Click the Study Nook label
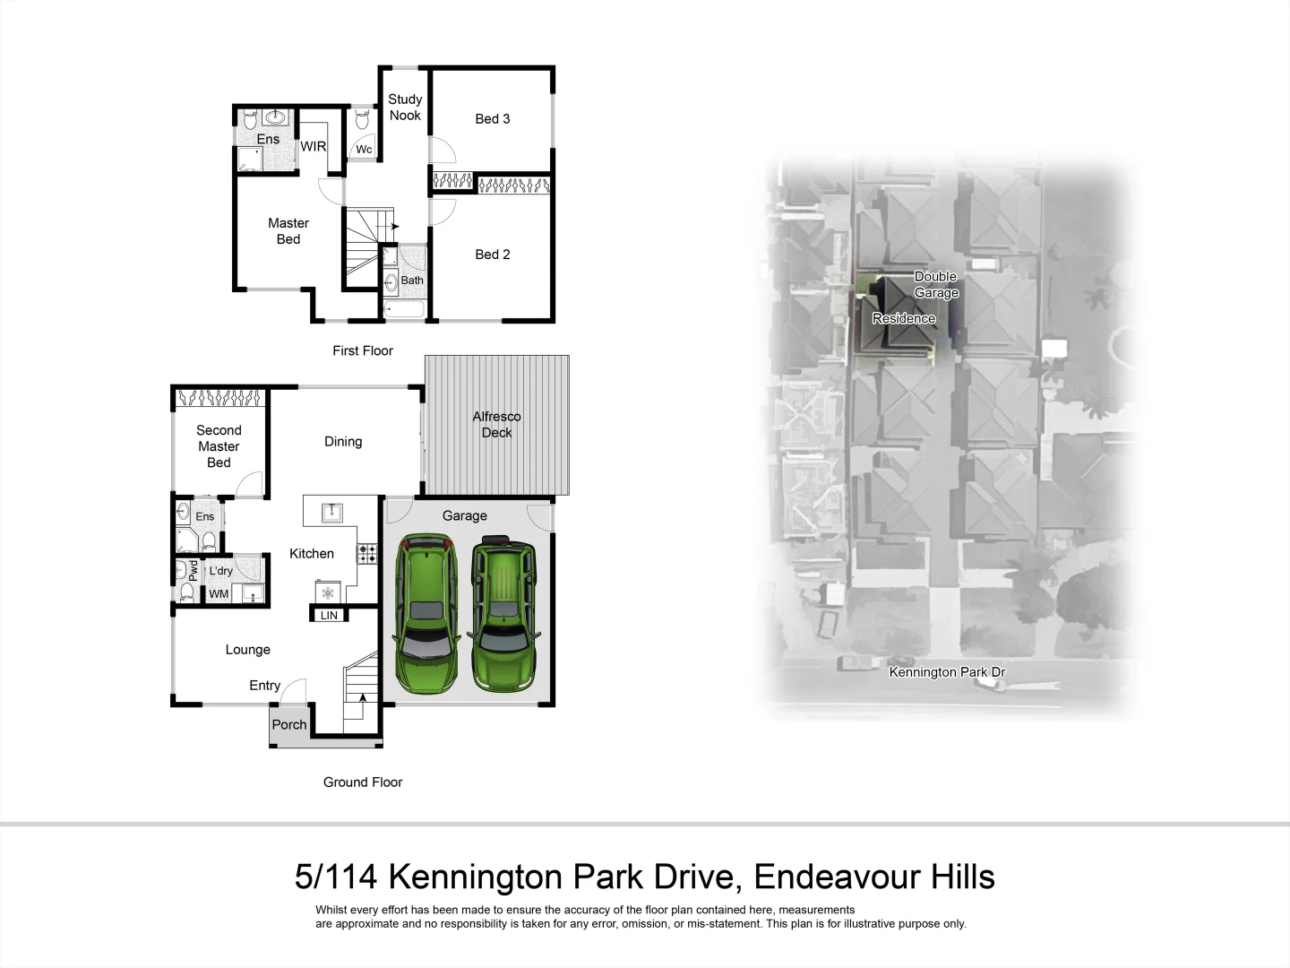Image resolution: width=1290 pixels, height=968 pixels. (x=405, y=108)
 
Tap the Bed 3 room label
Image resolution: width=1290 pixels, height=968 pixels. (x=492, y=119)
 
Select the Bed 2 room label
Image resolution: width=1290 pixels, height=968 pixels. (x=492, y=255)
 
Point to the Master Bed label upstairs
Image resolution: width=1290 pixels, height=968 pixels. (x=288, y=231)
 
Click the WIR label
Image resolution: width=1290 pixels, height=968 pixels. (x=313, y=147)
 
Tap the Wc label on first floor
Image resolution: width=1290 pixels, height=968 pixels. (x=364, y=150)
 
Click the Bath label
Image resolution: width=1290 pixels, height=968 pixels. (x=412, y=281)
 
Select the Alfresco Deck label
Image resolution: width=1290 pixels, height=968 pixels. (x=496, y=425)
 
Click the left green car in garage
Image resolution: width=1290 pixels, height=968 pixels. (x=427, y=615)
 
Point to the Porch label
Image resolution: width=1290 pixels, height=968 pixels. (x=289, y=725)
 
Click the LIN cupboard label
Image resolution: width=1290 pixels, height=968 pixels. (x=329, y=616)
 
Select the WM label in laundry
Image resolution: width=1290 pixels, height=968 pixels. (x=219, y=594)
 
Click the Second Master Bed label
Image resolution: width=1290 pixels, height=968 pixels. (x=219, y=446)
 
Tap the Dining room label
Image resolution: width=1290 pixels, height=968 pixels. (x=343, y=442)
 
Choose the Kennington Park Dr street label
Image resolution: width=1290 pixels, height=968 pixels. (x=947, y=672)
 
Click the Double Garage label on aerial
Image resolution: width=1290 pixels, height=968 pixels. (x=936, y=285)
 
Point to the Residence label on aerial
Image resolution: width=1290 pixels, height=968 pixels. (x=903, y=319)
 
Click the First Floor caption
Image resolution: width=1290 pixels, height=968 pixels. (x=363, y=351)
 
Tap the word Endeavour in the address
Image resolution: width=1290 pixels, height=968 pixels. (x=825, y=877)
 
